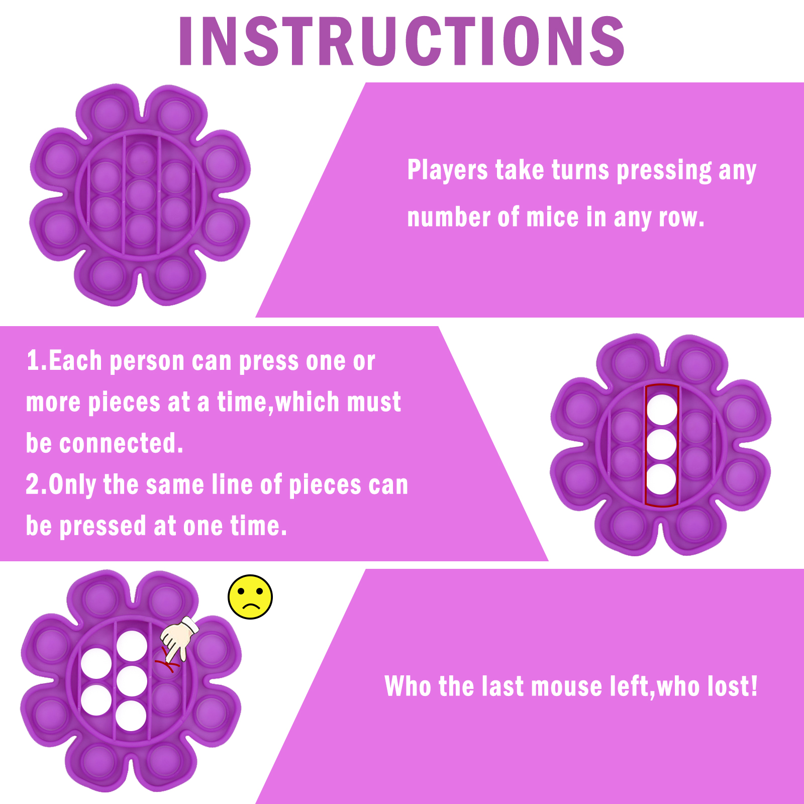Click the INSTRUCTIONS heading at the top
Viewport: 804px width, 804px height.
(401, 41)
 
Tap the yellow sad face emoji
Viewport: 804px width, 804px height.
(250, 597)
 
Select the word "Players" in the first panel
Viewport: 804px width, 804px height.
(447, 170)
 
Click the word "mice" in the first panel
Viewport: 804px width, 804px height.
(552, 217)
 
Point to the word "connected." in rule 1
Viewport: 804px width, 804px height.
(121, 443)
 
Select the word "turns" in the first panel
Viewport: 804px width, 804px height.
(580, 170)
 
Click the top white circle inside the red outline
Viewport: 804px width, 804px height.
(662, 409)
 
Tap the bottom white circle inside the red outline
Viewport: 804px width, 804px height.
(661, 479)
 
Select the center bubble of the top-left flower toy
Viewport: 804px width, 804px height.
(141, 194)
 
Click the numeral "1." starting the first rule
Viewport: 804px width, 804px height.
(37, 361)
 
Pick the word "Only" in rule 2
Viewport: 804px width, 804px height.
(72, 485)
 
